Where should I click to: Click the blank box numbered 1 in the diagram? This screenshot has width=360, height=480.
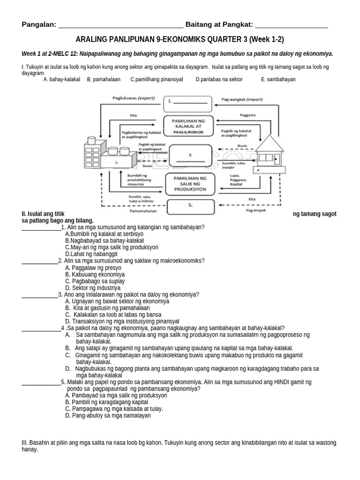point(188,102)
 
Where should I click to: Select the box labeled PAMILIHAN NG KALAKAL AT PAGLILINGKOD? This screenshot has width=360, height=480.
point(188,126)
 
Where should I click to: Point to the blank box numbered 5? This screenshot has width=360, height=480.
point(190,206)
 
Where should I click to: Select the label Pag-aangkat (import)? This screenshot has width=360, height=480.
point(241,99)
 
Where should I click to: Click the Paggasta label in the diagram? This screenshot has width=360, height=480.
point(247,114)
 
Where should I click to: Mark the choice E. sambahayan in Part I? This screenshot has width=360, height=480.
point(278,80)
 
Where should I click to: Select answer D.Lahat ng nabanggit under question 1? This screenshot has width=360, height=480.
point(91,254)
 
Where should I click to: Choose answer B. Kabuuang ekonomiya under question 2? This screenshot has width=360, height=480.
point(95,274)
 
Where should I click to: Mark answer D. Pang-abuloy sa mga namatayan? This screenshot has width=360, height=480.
point(108,415)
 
